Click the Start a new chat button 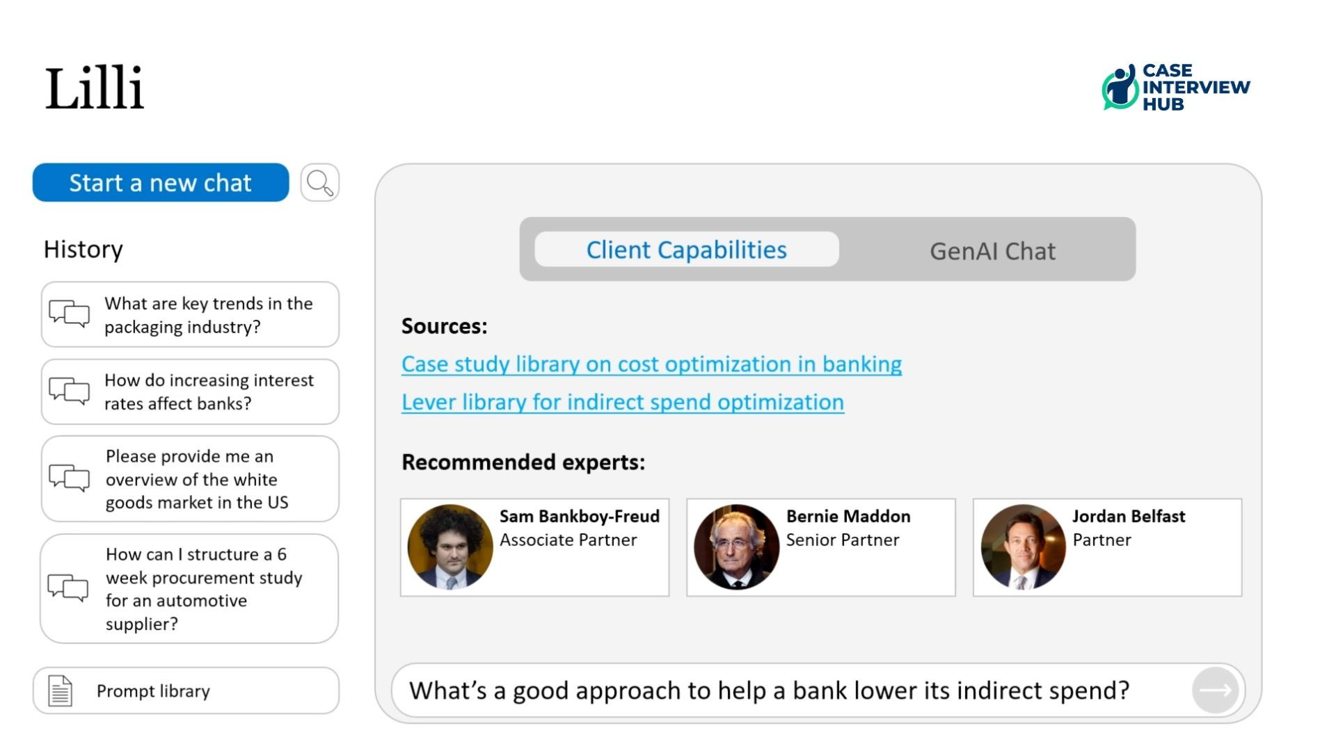point(161,182)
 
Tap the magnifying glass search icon point(320,182)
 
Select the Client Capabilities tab point(687,250)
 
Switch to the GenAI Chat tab point(992,251)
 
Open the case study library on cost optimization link point(651,364)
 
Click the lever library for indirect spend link point(623,403)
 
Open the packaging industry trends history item point(190,314)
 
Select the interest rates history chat point(190,391)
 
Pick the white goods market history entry point(190,479)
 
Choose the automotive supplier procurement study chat point(189,588)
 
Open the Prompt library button point(186,691)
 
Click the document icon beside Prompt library point(60,691)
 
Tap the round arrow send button point(1215,690)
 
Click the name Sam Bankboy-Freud point(580,516)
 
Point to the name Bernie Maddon point(848,516)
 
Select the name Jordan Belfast point(1129,516)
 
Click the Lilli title point(95,88)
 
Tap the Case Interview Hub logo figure point(1120,87)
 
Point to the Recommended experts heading point(523,462)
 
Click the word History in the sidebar point(83,249)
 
